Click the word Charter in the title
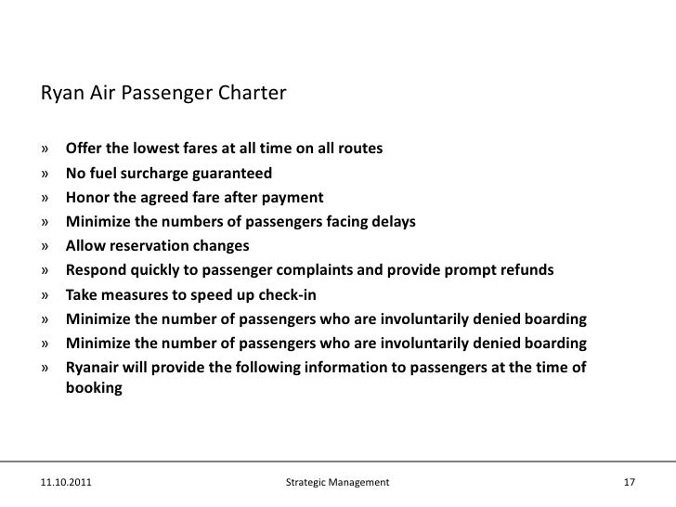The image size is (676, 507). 253,95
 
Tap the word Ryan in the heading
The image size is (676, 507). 58,95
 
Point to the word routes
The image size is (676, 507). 357,149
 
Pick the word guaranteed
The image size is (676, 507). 235,174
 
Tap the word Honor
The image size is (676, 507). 86,198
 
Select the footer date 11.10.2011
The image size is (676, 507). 66,483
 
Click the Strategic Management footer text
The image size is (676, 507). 338,483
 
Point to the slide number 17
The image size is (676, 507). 630,483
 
